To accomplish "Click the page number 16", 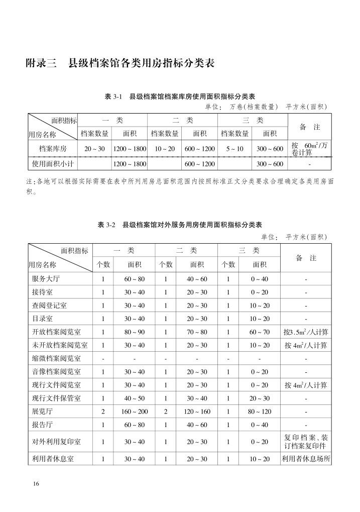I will pyautogui.click(x=36, y=483).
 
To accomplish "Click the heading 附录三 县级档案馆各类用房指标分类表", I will pyautogui.click(x=120, y=64).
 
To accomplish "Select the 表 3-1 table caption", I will pyautogui.click(x=180, y=96).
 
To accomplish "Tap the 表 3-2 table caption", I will pyautogui.click(x=180, y=225).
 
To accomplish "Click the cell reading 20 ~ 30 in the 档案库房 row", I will pyautogui.click(x=94, y=149).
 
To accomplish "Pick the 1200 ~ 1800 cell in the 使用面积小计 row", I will pyautogui.click(x=129, y=164).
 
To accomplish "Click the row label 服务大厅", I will pyautogui.click(x=46, y=279).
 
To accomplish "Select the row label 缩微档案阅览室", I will pyautogui.click(x=56, y=359).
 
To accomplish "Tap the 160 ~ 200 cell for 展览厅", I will pyautogui.click(x=134, y=412).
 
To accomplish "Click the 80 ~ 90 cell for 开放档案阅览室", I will pyautogui.click(x=134, y=332).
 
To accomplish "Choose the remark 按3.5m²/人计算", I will pyautogui.click(x=306, y=332).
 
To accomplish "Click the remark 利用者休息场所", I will pyautogui.click(x=306, y=459).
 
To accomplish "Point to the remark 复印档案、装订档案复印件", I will pyautogui.click(x=306, y=442).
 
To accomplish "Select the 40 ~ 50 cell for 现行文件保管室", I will pyautogui.click(x=134, y=398).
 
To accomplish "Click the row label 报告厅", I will pyautogui.click(x=42, y=425).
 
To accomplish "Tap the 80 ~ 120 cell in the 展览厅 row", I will pyautogui.click(x=259, y=412).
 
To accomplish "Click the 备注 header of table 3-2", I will pyautogui.click(x=306, y=258).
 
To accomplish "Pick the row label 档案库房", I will pyautogui.click(x=53, y=149).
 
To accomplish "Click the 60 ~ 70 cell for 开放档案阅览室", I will pyautogui.click(x=259, y=332).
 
